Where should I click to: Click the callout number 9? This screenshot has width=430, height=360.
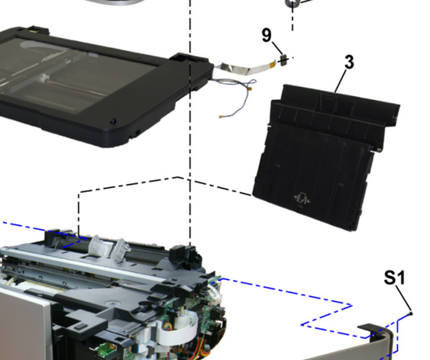point(266,36)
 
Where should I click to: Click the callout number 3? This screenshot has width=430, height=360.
point(349,62)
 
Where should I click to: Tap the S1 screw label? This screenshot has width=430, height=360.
point(395,278)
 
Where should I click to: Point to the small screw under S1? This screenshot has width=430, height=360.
point(411,313)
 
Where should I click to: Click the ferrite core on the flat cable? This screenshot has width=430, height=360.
point(283,60)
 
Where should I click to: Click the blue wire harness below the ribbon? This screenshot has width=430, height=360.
point(235,94)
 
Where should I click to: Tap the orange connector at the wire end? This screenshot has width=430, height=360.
point(221,116)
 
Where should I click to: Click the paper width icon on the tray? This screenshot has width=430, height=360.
point(302,198)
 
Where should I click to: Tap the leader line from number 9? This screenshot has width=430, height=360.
point(277,48)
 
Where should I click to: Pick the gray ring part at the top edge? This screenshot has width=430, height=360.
point(291,3)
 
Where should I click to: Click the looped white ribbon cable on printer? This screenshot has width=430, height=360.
point(178,329)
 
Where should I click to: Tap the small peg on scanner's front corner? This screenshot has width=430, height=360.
point(113,121)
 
